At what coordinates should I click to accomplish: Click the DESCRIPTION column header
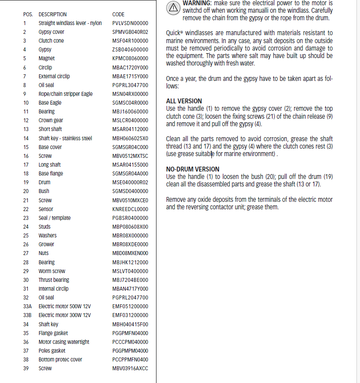coord(53,15)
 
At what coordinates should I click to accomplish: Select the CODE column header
coord(118,15)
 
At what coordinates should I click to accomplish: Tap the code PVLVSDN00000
coord(130,23)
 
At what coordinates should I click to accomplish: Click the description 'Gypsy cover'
coord(51,32)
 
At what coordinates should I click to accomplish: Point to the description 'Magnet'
coord(47,58)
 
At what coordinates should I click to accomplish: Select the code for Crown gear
coord(130,120)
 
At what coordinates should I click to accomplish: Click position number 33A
coord(27,306)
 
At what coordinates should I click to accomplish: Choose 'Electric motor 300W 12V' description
coord(65,315)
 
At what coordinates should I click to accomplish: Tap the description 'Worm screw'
coord(52,271)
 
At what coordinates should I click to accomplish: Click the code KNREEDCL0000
coord(130,209)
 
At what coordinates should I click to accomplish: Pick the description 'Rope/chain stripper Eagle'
coord(65,94)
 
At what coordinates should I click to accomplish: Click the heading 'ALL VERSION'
coord(184,101)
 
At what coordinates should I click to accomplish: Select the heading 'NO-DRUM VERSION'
coord(193,169)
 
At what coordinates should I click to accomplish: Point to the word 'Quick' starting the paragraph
coord(174,33)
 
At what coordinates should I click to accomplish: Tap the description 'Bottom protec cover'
coord(60,360)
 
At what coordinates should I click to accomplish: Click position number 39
coord(26,368)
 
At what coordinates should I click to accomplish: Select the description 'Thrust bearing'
coord(54,280)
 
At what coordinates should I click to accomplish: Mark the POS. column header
coord(28,15)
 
